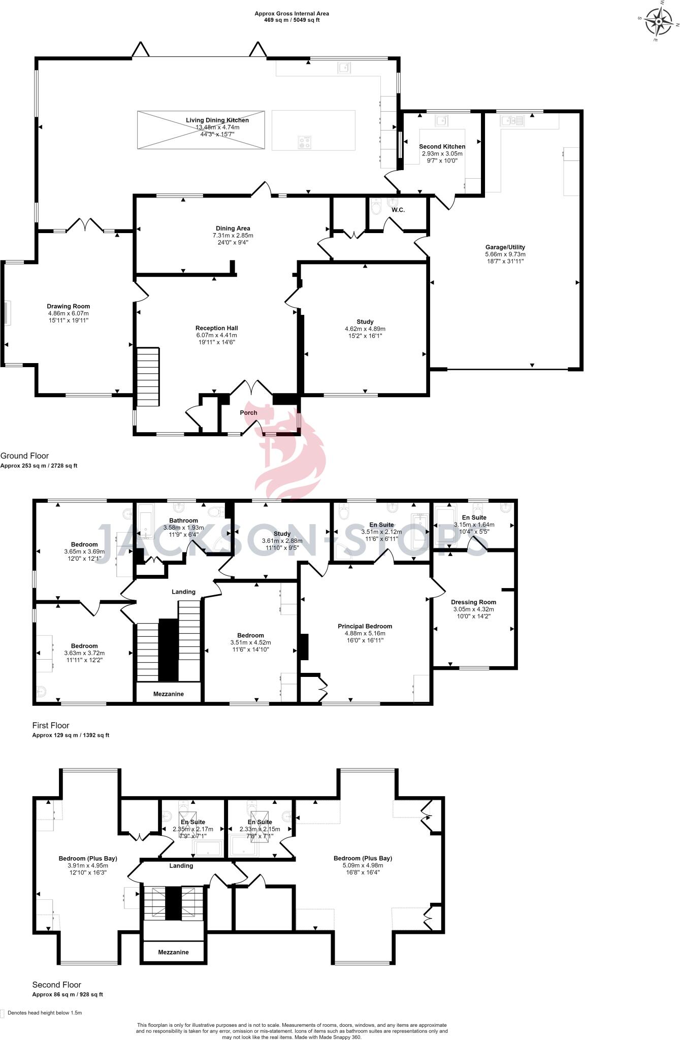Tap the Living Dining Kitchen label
(x=217, y=120)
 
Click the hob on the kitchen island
(x=305, y=142)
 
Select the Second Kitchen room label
(x=442, y=146)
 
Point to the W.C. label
(x=398, y=210)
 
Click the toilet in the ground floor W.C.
(x=376, y=207)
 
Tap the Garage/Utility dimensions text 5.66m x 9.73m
(x=505, y=254)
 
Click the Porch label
(x=248, y=412)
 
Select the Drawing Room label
(x=69, y=306)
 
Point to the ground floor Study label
(x=365, y=321)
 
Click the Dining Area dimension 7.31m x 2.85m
(x=233, y=236)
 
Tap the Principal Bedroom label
(x=365, y=626)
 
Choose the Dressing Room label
(x=473, y=602)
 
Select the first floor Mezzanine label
(x=168, y=694)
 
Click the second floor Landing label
(x=181, y=865)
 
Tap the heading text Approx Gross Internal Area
(x=287, y=14)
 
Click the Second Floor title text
(x=56, y=985)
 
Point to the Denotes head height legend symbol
(x=3, y=1013)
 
